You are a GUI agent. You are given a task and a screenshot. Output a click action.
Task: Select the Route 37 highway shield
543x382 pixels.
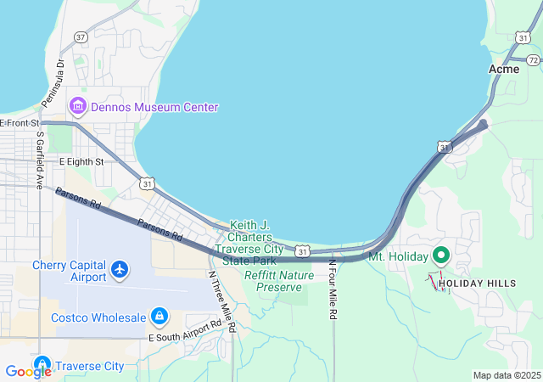(x=81, y=37)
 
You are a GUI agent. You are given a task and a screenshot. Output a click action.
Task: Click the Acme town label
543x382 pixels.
(x=504, y=69)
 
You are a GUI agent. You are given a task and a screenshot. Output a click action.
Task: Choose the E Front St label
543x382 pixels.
(x=20, y=123)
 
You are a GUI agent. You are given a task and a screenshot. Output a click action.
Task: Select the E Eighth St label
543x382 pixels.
(x=81, y=161)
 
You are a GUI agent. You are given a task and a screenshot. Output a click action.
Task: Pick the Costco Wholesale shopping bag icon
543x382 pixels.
(x=159, y=317)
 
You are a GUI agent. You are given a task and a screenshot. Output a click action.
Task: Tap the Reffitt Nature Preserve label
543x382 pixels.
(x=278, y=281)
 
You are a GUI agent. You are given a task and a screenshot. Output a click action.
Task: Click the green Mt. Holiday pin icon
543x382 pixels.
(x=440, y=255)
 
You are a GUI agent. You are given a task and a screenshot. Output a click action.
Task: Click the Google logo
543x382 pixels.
(x=28, y=371)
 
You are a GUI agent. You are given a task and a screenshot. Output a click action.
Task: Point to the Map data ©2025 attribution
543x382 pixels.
(x=506, y=375)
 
